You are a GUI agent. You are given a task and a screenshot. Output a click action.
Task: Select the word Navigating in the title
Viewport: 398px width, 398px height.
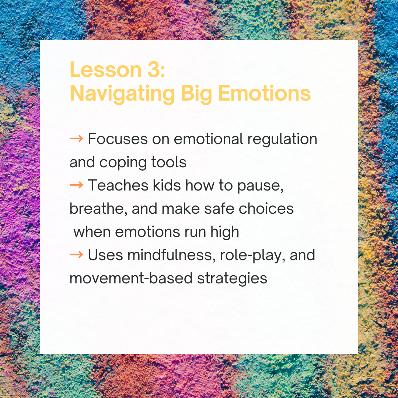(122, 94)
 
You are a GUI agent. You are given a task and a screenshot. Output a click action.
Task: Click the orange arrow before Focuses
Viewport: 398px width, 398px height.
(76, 139)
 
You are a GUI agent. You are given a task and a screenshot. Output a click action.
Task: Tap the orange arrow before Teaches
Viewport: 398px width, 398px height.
(76, 185)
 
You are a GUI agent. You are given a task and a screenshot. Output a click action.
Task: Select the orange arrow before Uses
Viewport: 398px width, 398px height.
(76, 255)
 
